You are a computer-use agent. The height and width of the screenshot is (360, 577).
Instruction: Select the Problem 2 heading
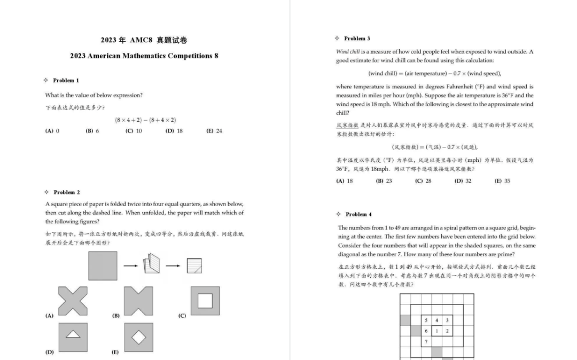click(66, 192)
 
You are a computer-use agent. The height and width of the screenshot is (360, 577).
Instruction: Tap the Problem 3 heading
click(356, 38)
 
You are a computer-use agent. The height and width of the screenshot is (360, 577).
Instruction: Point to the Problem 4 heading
click(358, 214)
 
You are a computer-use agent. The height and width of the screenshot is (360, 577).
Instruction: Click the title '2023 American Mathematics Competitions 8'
click(144, 56)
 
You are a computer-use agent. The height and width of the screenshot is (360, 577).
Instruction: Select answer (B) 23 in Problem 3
click(384, 181)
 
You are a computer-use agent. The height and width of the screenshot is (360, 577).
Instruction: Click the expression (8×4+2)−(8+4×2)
click(145, 120)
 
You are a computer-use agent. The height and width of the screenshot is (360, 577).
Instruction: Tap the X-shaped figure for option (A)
click(73, 301)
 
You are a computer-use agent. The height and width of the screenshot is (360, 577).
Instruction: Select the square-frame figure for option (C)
click(205, 301)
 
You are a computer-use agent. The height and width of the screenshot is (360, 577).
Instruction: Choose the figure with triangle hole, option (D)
click(73, 336)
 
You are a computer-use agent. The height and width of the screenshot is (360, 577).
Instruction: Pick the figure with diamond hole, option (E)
click(138, 337)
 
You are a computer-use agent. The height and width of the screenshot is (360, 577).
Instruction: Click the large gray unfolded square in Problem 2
click(103, 265)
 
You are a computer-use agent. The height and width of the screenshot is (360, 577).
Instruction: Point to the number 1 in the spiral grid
click(436, 331)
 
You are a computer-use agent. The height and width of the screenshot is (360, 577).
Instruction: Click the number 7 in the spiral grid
click(426, 341)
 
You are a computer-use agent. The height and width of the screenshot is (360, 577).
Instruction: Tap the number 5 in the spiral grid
click(426, 320)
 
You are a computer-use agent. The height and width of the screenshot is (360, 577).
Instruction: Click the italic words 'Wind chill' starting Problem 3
click(348, 52)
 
